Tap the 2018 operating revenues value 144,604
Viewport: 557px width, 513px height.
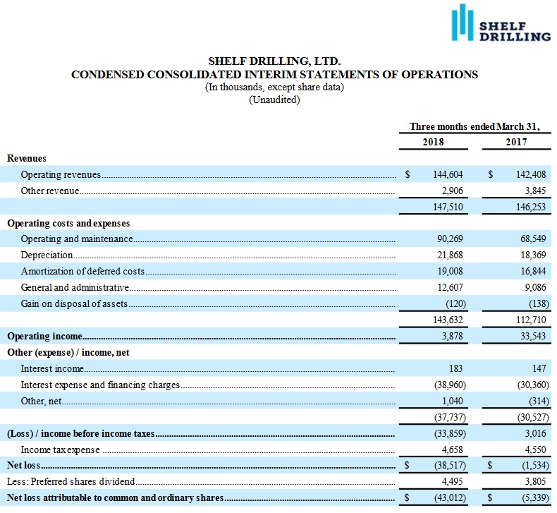(x=446, y=174)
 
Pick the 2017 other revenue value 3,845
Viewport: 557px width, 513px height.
(x=532, y=191)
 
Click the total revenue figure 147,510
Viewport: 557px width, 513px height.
(x=446, y=207)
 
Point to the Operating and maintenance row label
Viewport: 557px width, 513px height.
(x=77, y=239)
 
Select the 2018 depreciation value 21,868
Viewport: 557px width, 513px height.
(x=449, y=255)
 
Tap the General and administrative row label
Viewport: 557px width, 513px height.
(x=75, y=287)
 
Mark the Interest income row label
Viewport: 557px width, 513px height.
(x=52, y=368)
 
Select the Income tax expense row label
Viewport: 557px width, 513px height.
(x=61, y=449)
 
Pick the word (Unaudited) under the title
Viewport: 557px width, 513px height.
(x=274, y=99)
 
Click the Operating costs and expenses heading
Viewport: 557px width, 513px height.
(x=68, y=223)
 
